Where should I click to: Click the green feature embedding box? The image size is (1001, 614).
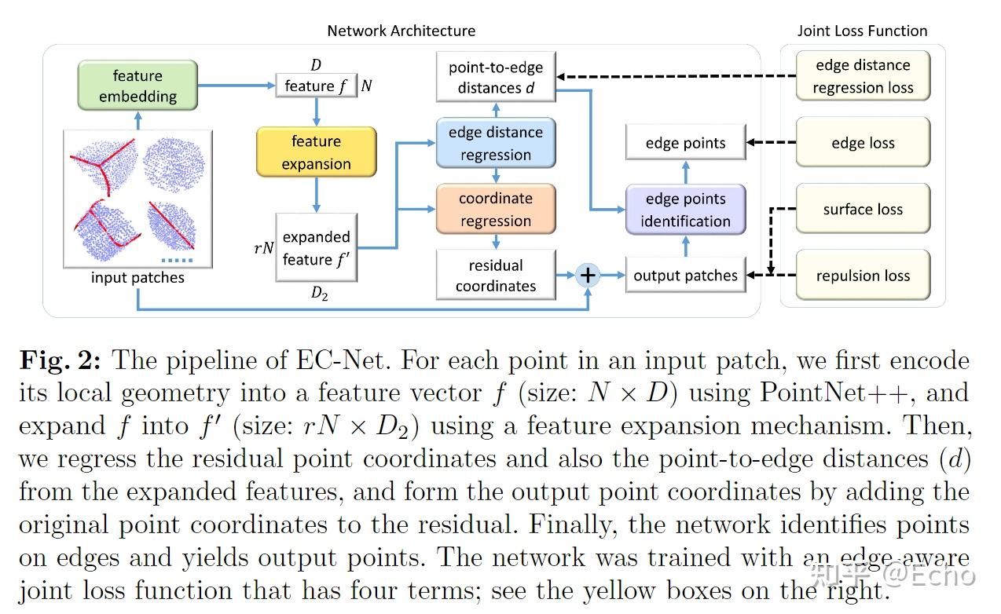point(137,86)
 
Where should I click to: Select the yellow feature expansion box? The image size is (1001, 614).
point(316,152)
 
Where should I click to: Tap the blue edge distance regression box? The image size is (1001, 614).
point(496,144)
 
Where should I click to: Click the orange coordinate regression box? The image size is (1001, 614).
point(496,210)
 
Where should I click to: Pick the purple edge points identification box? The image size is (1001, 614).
point(685,210)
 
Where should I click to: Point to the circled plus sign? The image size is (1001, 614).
point(588,275)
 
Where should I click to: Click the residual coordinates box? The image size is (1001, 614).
point(496,276)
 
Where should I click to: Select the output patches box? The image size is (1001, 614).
point(685,276)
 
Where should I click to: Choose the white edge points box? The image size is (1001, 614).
point(685,144)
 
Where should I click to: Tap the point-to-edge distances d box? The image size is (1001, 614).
point(496,78)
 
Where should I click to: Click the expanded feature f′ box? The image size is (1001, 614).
point(316,247)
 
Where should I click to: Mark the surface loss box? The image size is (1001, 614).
point(863,210)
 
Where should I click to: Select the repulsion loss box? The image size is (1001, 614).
point(863,276)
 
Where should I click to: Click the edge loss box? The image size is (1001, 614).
point(863,144)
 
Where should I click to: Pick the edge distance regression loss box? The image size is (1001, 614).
point(863,77)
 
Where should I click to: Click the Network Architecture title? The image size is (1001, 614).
point(401,31)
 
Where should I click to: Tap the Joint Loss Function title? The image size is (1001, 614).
point(862,31)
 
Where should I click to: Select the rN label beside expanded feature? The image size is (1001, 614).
point(264,248)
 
